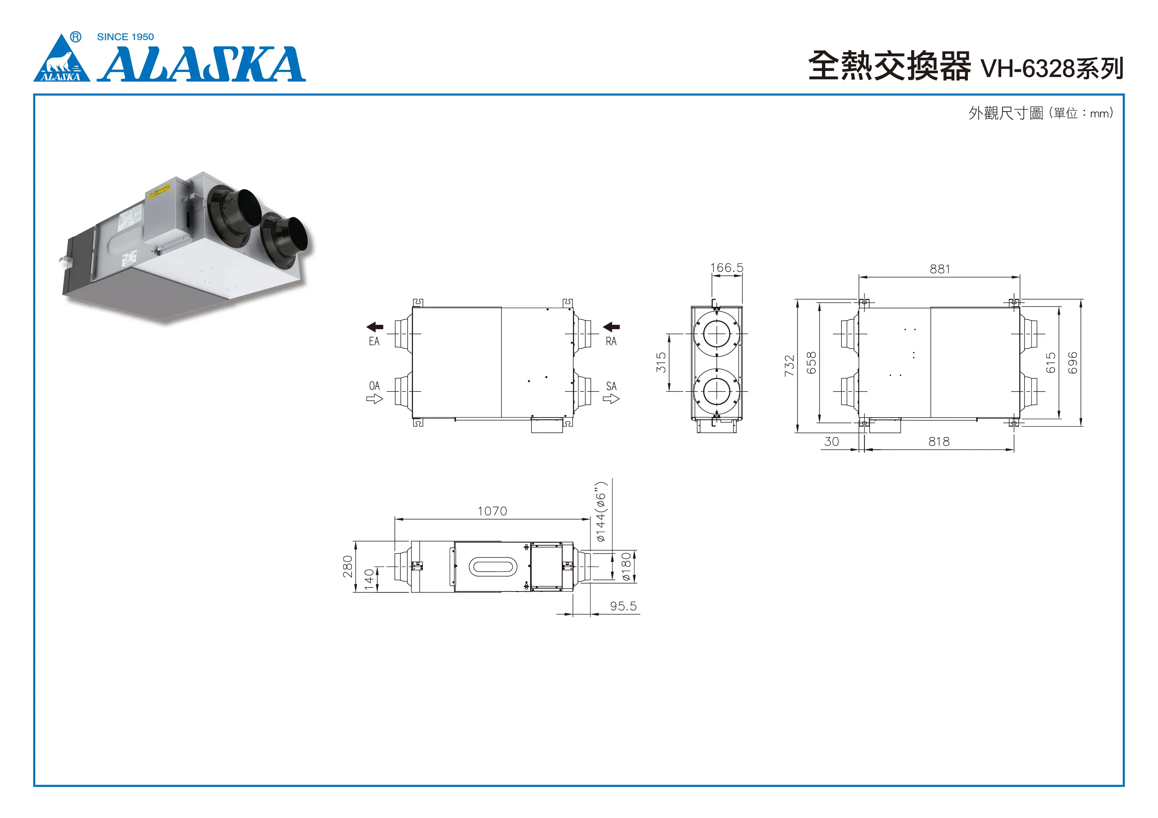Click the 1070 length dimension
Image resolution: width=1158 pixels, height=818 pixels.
point(492,511)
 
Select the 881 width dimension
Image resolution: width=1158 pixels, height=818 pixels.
point(939,269)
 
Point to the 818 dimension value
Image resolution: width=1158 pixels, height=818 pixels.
point(938,442)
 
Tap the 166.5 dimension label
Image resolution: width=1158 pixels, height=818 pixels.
point(727,267)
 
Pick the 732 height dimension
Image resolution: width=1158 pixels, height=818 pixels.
point(789,365)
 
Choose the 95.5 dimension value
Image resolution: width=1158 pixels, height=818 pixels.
point(623,606)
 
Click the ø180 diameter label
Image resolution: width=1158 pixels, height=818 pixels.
point(626,567)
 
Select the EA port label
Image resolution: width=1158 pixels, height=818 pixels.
point(374,341)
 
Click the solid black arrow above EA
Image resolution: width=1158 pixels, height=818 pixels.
point(375,327)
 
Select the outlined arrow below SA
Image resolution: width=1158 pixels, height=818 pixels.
point(611,399)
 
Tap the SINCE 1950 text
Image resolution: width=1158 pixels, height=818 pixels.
point(125,37)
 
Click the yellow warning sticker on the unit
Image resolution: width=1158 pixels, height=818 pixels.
point(158,192)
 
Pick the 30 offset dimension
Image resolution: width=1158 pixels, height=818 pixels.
point(831,442)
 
